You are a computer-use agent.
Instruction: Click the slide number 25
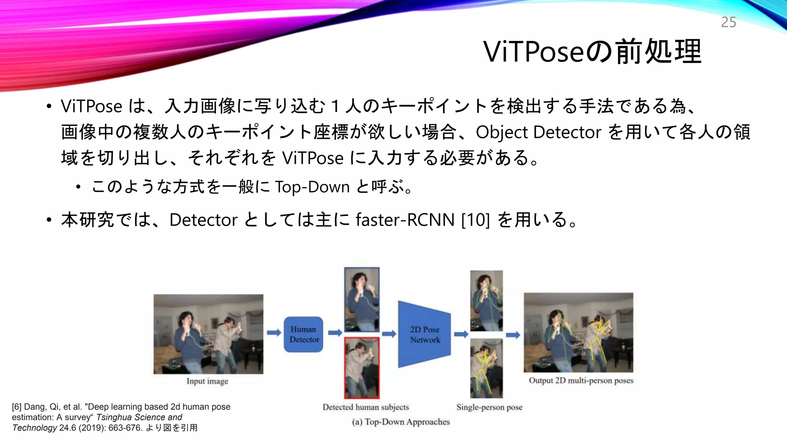coord(728,22)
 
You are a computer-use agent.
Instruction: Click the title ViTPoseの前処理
coord(592,52)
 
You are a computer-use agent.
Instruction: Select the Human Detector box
coord(304,335)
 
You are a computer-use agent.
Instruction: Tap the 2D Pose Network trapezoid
coord(424,335)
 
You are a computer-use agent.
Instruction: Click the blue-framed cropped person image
coord(362,300)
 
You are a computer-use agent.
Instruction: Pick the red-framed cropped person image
coord(362,368)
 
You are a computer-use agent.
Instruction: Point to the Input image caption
coord(207,381)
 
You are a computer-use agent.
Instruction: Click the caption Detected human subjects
coord(365,407)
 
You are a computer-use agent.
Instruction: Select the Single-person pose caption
coord(489,407)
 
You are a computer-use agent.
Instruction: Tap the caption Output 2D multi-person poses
coord(581,381)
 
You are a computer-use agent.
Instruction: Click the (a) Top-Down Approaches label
coord(401,422)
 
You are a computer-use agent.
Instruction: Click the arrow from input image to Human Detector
coord(274,333)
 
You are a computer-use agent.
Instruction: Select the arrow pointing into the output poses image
coord(513,335)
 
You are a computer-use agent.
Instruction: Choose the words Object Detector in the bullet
coord(538,132)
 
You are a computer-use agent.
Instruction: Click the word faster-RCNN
coord(405,220)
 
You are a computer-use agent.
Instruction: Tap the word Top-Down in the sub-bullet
coord(312,187)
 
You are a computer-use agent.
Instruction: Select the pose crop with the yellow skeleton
coord(486,368)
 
